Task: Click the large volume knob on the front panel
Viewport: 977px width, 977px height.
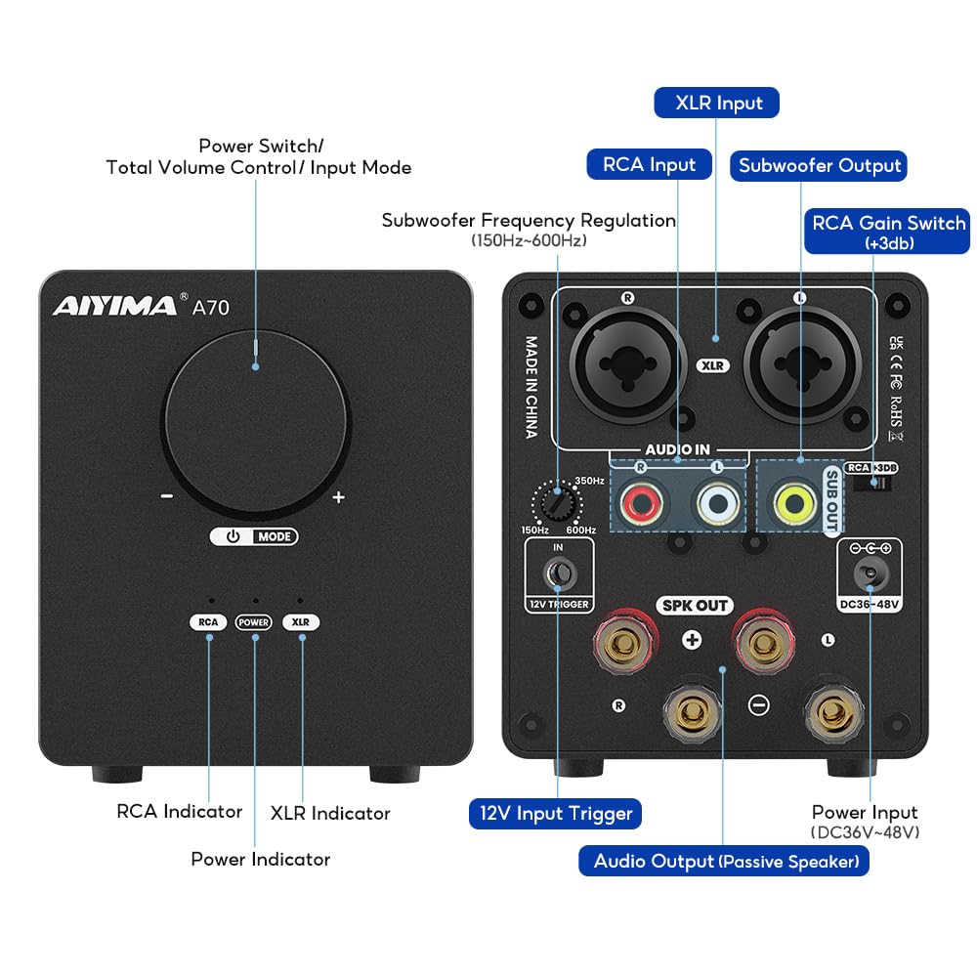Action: coord(255,407)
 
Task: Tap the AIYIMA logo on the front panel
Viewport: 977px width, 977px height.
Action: coord(114,306)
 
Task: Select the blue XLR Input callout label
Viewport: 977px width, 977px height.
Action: coord(718,103)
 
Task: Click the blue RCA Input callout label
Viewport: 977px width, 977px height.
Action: coord(649,164)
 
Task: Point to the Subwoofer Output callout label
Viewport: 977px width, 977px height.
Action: coord(819,165)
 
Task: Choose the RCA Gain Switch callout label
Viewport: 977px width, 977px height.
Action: coord(888,231)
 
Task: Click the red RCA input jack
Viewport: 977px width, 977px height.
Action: coord(641,504)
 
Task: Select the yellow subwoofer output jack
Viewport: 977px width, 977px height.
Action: coord(793,504)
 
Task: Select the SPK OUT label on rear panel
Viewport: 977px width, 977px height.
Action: coord(695,606)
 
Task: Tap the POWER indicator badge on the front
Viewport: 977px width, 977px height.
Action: coord(254,622)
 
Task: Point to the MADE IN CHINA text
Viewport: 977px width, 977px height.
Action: coord(531,388)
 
